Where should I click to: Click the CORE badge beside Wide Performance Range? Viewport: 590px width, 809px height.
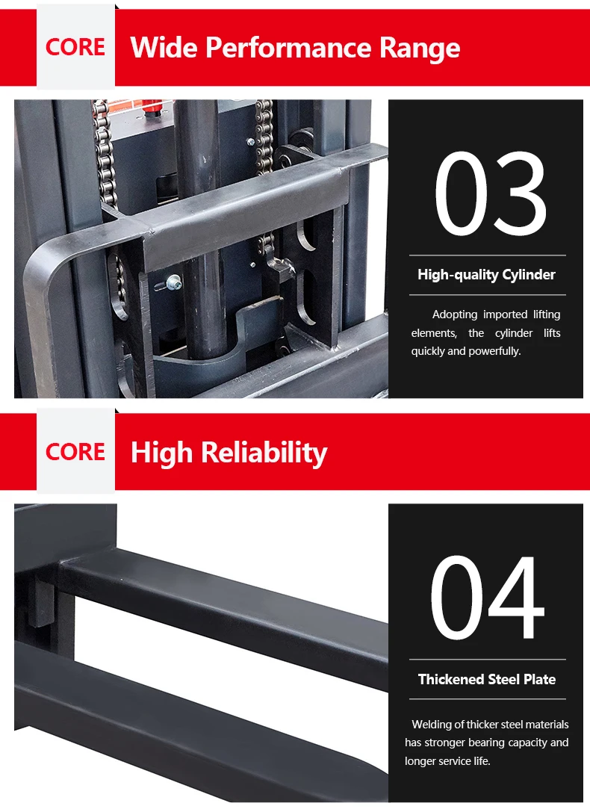pos(75,47)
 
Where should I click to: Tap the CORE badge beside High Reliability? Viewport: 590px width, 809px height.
pos(75,451)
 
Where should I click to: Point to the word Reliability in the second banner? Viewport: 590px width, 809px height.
pos(264,453)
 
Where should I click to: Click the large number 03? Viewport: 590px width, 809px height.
pos(491,194)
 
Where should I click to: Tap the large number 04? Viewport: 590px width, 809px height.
pos(488,598)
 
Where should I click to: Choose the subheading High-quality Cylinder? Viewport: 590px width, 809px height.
pos(486,274)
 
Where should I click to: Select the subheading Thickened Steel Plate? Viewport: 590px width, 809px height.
pos(487,679)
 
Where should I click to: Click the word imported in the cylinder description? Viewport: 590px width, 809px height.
pos(506,314)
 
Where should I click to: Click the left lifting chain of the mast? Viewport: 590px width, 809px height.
pos(105,155)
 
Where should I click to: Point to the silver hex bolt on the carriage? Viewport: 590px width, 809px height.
pos(174,282)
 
